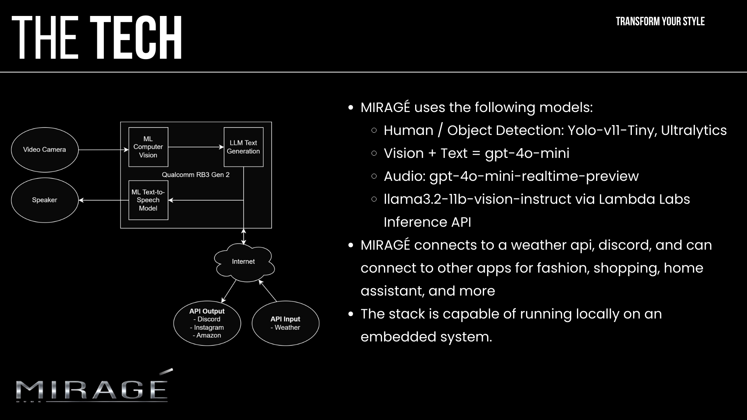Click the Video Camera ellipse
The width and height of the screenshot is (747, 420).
point(44,150)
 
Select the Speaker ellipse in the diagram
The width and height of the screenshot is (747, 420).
point(44,200)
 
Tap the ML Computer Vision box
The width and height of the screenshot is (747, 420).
point(148,147)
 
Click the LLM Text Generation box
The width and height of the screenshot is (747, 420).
point(244,147)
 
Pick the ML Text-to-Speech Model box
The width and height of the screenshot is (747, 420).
point(148,200)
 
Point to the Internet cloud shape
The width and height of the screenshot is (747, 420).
point(244,262)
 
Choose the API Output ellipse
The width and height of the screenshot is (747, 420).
point(207,323)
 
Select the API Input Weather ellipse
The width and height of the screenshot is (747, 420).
point(285,323)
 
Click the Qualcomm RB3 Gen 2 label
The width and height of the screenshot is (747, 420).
point(196,175)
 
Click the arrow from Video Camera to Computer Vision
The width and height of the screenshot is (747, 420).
point(103,149)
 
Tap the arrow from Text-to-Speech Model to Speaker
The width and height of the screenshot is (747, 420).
point(103,200)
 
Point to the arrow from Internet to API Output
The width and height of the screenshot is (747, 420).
point(229,291)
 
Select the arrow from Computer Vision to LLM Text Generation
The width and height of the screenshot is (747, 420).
point(196,147)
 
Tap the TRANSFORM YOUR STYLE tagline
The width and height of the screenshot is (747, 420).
point(660,21)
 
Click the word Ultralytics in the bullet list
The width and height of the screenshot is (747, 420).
point(694,130)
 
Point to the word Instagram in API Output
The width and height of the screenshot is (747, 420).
point(209,327)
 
